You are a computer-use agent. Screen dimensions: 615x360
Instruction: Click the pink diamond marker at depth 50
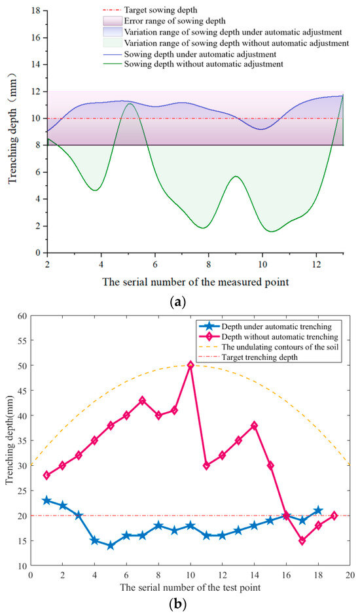pyautogui.click(x=190, y=365)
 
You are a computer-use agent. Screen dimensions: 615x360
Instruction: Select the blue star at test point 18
pyautogui.click(x=318, y=510)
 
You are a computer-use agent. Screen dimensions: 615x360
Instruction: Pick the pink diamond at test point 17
pyautogui.click(x=302, y=540)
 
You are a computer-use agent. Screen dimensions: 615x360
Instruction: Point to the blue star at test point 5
pyautogui.click(x=111, y=546)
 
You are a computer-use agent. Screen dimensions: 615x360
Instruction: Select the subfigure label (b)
pyautogui.click(x=185, y=604)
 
